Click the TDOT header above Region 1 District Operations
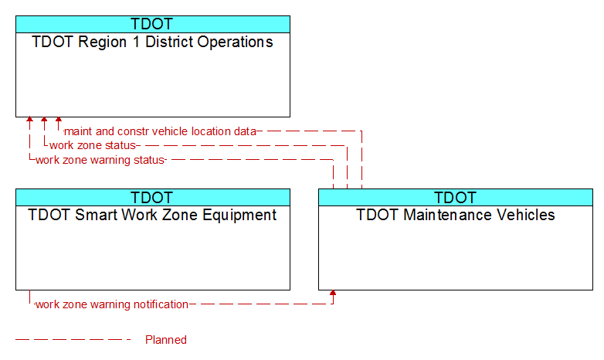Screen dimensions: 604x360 point(151,24)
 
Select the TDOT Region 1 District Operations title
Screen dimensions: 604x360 point(152,42)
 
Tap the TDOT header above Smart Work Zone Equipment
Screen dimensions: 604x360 point(151,198)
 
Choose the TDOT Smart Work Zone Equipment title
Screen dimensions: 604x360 point(152,215)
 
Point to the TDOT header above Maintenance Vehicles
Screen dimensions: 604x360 point(455,198)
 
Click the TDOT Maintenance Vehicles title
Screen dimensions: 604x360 point(455,215)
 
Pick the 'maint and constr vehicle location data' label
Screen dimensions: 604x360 point(160,131)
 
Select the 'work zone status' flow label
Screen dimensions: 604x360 point(93,145)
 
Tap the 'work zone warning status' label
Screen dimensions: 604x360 point(100,160)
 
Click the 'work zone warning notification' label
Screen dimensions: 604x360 point(112,304)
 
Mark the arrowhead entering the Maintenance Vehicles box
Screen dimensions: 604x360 point(333,293)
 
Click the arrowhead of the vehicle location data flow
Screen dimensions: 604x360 point(59,120)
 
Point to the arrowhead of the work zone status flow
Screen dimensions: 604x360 point(44,120)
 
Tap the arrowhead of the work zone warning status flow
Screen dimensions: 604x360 point(29,120)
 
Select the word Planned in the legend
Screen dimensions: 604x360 point(166,340)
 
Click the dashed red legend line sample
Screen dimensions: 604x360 point(73,340)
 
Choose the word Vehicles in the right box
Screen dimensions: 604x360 point(525,215)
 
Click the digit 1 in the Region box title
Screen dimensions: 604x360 point(136,42)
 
